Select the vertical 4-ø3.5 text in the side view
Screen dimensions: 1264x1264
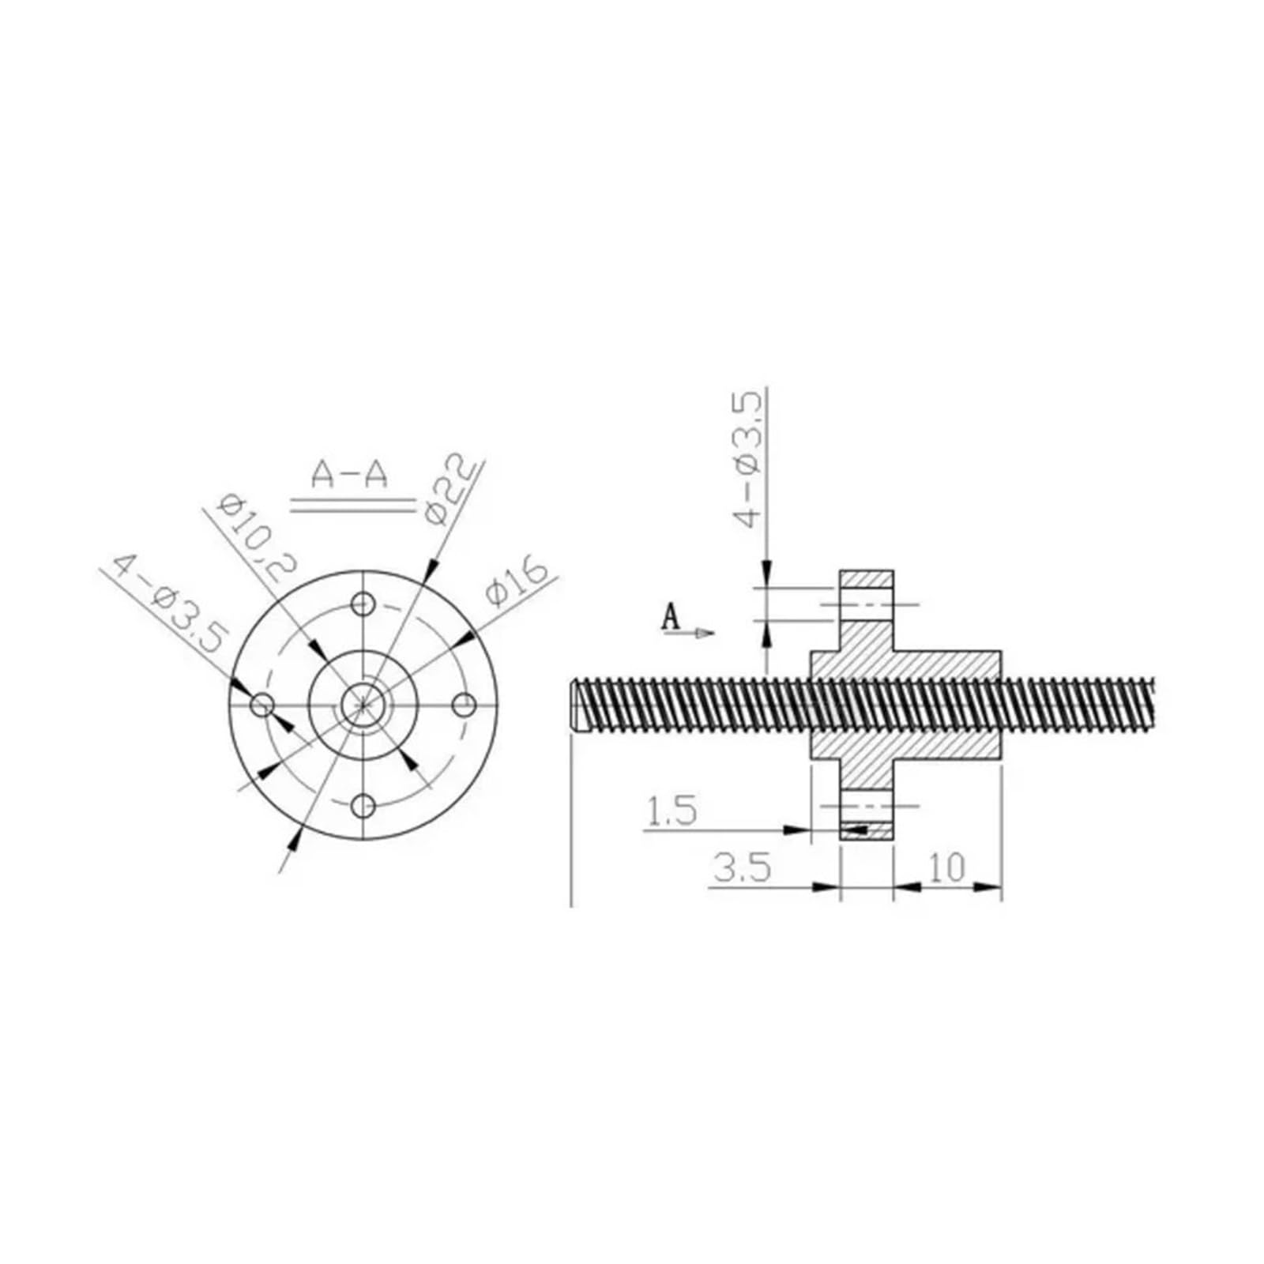pos(748,458)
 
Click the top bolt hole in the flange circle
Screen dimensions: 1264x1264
pos(363,604)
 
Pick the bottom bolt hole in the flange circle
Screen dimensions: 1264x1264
pos(363,807)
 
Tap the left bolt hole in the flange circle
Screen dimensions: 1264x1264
pos(261,705)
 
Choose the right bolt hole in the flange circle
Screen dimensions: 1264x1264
pos(465,705)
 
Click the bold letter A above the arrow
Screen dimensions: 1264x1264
pos(670,616)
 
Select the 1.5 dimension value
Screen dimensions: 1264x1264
pos(671,811)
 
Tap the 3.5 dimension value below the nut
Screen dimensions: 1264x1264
pos(742,868)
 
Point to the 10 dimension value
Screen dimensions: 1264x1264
pos(947,868)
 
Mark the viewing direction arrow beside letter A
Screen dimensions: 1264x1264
pos(702,632)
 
